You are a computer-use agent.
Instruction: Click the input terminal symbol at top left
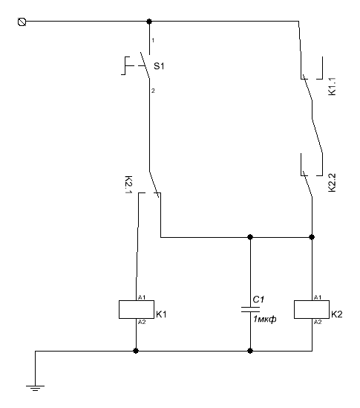coord(22,22)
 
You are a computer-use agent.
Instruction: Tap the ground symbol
coord(35,388)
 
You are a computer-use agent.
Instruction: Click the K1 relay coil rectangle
coord(137,309)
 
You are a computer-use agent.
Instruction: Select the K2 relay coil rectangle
coord(312,309)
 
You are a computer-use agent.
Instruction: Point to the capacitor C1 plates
coord(250,309)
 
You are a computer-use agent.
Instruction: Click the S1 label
coord(159,66)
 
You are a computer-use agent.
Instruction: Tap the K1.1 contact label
coord(333,86)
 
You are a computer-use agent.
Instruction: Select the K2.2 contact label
coord(333,183)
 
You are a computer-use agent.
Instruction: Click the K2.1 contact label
coord(128,185)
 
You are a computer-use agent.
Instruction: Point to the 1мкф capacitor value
coord(265,319)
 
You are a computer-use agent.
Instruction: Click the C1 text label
coord(258,299)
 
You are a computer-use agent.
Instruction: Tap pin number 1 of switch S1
coord(153,40)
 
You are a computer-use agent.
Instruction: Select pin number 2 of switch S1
coord(153,91)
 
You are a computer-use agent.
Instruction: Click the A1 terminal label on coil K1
coord(142,297)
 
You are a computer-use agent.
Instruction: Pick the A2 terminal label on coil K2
coord(318,322)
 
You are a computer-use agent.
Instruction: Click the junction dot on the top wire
coord(149,22)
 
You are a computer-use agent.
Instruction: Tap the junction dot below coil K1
coord(136,351)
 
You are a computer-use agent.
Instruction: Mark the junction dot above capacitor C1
coord(250,237)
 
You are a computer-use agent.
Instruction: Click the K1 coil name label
coord(161,314)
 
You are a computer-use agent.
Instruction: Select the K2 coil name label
coord(337,314)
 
